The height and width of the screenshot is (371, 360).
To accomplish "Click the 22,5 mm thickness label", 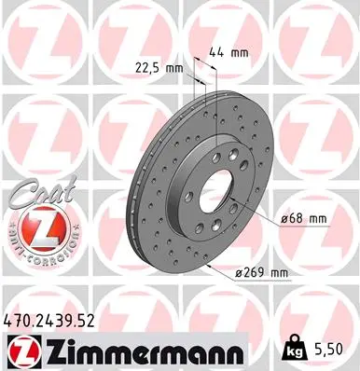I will point(154,66).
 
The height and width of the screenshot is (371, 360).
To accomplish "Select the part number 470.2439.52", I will point(51,321).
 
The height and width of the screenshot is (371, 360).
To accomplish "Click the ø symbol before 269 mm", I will point(238,273).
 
